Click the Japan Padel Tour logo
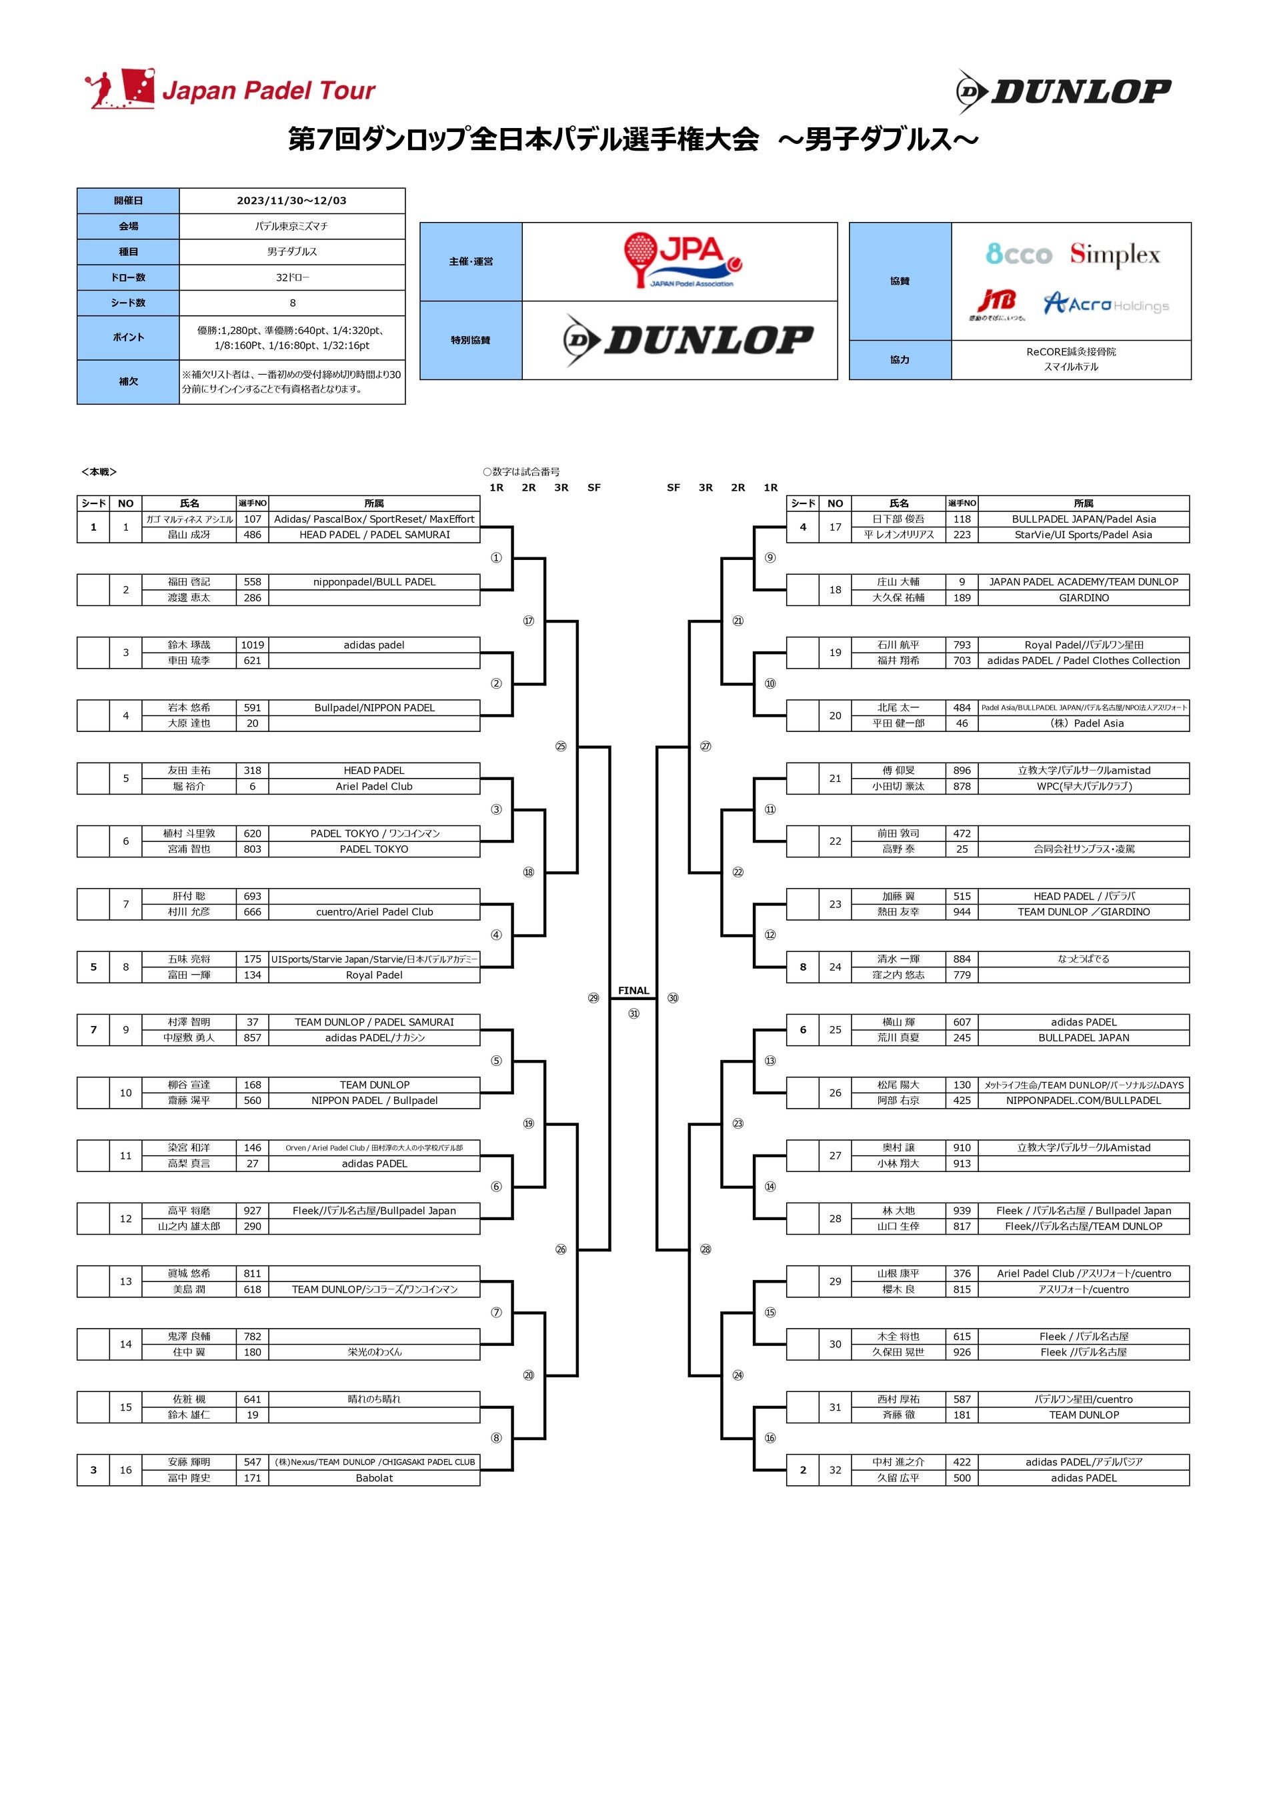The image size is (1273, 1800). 230,89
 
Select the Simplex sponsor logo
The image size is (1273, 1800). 1114,254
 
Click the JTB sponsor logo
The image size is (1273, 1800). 997,303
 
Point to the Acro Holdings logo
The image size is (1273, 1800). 1106,303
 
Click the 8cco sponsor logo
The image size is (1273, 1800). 1018,254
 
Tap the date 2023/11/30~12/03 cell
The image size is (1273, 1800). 292,201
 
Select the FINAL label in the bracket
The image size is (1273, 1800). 633,990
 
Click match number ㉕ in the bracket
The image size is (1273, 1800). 561,747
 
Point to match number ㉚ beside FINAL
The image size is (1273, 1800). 673,998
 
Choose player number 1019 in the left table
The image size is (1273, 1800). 253,645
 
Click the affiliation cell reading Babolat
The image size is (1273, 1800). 374,1478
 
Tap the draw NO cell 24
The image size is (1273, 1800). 836,967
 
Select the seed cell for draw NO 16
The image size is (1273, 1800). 93,1470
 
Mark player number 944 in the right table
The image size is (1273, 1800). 962,912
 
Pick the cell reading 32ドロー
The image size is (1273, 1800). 292,277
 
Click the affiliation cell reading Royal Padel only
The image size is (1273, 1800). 374,975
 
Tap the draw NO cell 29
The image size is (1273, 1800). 836,1281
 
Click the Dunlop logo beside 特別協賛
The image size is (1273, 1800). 688,340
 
